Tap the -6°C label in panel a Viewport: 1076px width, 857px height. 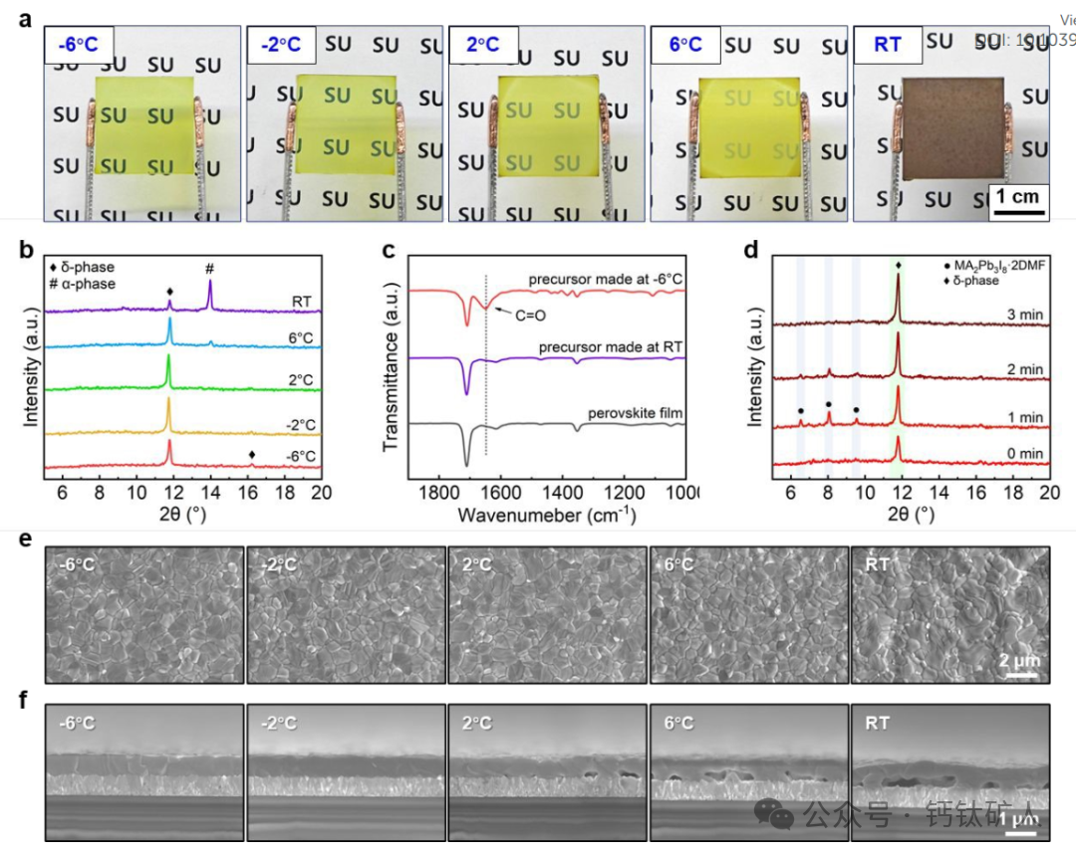(x=79, y=46)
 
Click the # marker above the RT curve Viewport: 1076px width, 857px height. (x=209, y=269)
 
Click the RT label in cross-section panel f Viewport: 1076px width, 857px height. (x=877, y=724)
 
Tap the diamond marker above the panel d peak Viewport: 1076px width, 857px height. (x=899, y=264)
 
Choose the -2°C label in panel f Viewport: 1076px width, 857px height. (x=278, y=724)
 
